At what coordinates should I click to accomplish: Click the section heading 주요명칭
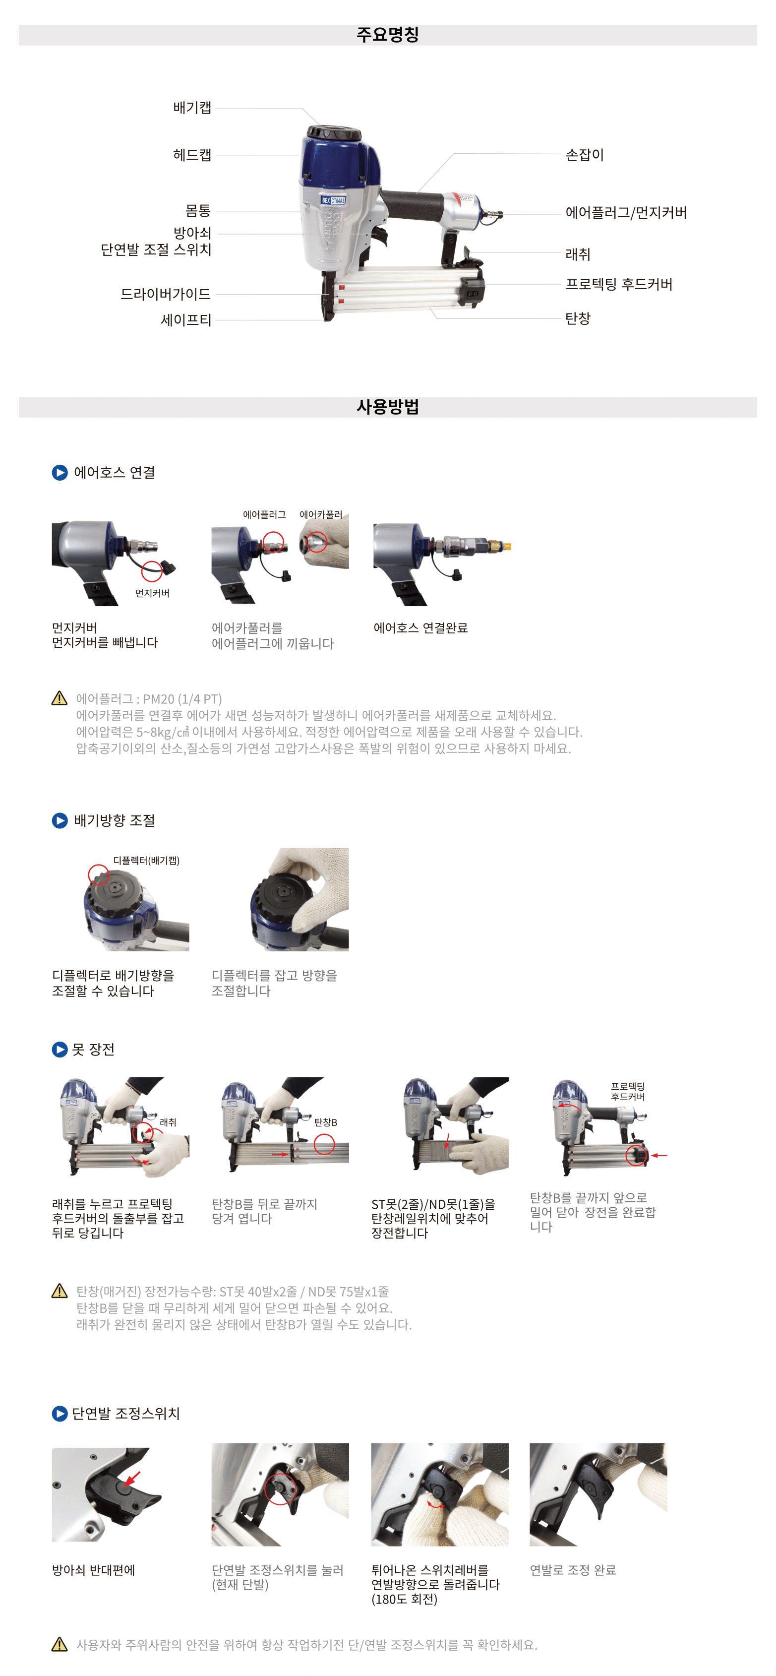388,35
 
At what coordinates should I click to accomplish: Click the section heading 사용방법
388,407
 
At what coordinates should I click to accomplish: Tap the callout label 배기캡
192,107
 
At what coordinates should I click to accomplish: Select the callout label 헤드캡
192,155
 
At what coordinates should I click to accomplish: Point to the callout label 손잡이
584,155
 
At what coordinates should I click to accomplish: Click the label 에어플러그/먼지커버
626,213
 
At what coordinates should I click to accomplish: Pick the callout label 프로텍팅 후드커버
619,284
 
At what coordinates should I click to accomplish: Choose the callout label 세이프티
186,320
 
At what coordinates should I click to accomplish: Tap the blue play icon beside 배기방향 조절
60,820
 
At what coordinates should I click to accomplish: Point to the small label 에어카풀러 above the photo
321,515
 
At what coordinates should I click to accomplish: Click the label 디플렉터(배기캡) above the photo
146,860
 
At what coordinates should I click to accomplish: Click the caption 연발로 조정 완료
572,1570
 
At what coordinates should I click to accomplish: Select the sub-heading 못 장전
93,1050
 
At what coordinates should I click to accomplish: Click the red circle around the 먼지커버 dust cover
152,570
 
